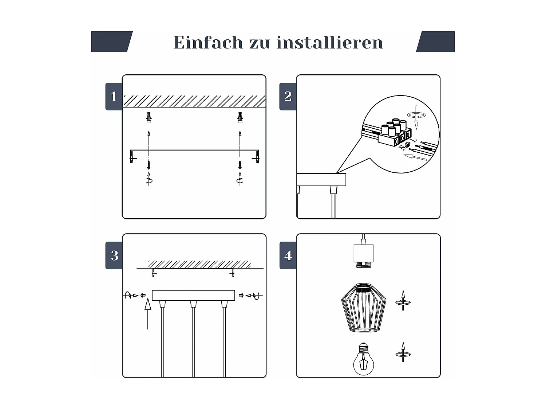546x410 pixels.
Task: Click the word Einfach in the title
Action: [x=208, y=43]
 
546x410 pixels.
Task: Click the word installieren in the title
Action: [x=330, y=43]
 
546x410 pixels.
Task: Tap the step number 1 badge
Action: [x=114, y=97]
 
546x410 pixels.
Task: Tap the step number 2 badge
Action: [x=288, y=97]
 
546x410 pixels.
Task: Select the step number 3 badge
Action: [x=114, y=255]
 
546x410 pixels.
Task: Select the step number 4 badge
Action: [x=288, y=255]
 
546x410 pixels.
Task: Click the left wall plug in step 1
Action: [x=149, y=118]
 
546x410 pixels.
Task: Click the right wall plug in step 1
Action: [x=240, y=118]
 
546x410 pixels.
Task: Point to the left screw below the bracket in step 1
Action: [x=149, y=164]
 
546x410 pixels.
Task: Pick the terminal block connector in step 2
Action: [x=395, y=134]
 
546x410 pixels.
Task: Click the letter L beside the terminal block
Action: [x=412, y=141]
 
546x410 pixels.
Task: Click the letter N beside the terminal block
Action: [x=401, y=148]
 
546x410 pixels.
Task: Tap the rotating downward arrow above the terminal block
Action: [x=416, y=116]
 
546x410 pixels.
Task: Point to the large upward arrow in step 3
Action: [x=148, y=313]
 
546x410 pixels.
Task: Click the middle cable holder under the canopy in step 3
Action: [x=193, y=304]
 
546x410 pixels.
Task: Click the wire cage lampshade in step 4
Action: [x=364, y=308]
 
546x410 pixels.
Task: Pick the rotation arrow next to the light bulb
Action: [x=403, y=353]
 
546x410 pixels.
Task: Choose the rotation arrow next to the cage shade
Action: [x=403, y=301]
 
